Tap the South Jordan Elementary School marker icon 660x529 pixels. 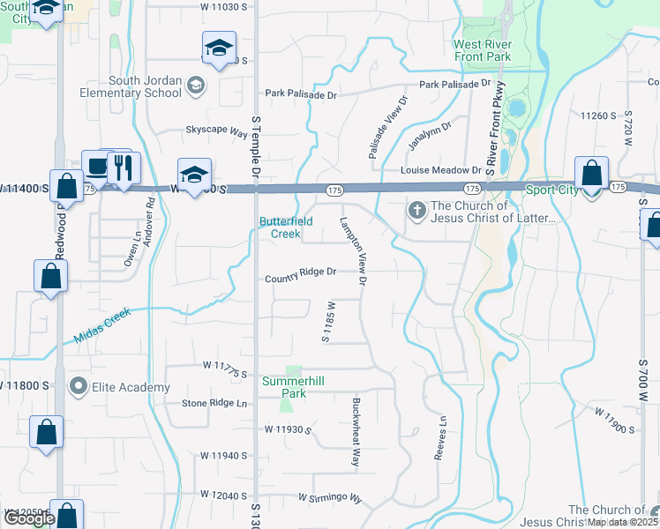tap(196, 86)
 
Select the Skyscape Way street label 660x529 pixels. tap(216, 130)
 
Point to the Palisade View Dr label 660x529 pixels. tap(388, 127)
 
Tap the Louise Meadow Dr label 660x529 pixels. tap(441, 170)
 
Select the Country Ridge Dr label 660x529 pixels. tap(301, 272)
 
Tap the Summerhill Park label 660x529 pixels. tap(296, 387)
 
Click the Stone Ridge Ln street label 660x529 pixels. tap(215, 404)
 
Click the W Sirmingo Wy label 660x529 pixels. tap(330, 499)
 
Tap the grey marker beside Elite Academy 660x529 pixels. tap(79, 387)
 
